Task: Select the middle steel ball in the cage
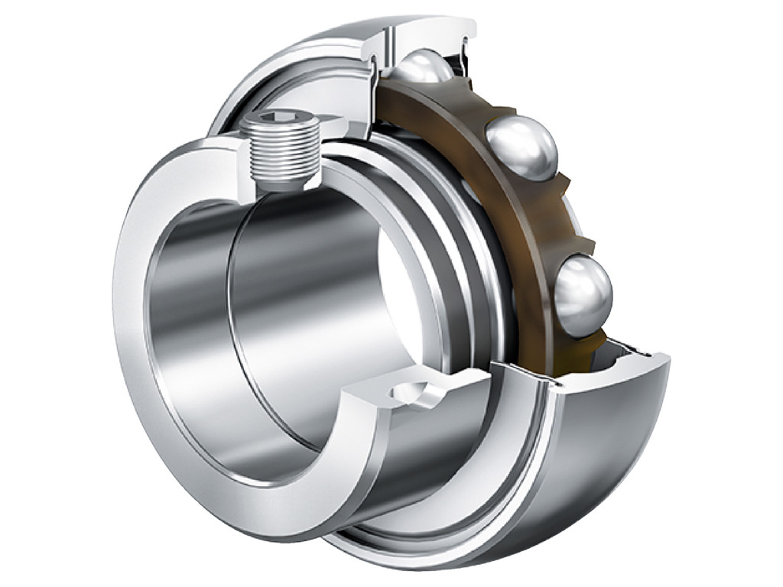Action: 522,148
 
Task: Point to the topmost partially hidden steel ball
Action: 424,67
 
